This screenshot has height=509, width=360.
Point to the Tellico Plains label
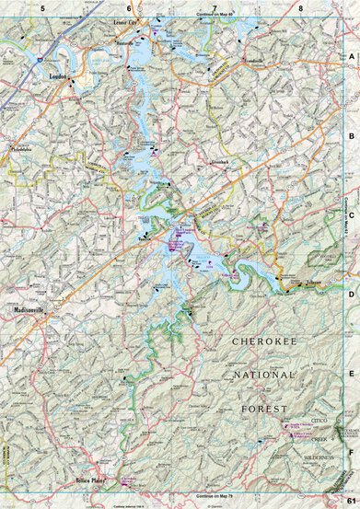(91, 480)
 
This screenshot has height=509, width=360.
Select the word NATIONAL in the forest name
(263, 376)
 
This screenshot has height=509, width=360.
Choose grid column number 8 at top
(301, 7)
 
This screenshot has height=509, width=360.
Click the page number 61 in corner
(351, 500)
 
